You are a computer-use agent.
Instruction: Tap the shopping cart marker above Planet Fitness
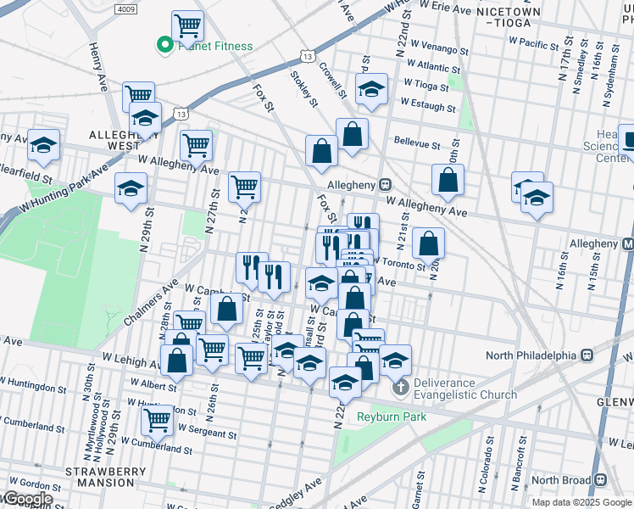click(187, 25)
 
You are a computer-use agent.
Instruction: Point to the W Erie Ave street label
click(438, 8)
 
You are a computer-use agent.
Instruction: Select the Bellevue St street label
click(415, 145)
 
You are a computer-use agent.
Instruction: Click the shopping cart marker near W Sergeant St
click(157, 418)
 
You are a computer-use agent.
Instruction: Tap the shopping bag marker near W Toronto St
click(431, 243)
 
